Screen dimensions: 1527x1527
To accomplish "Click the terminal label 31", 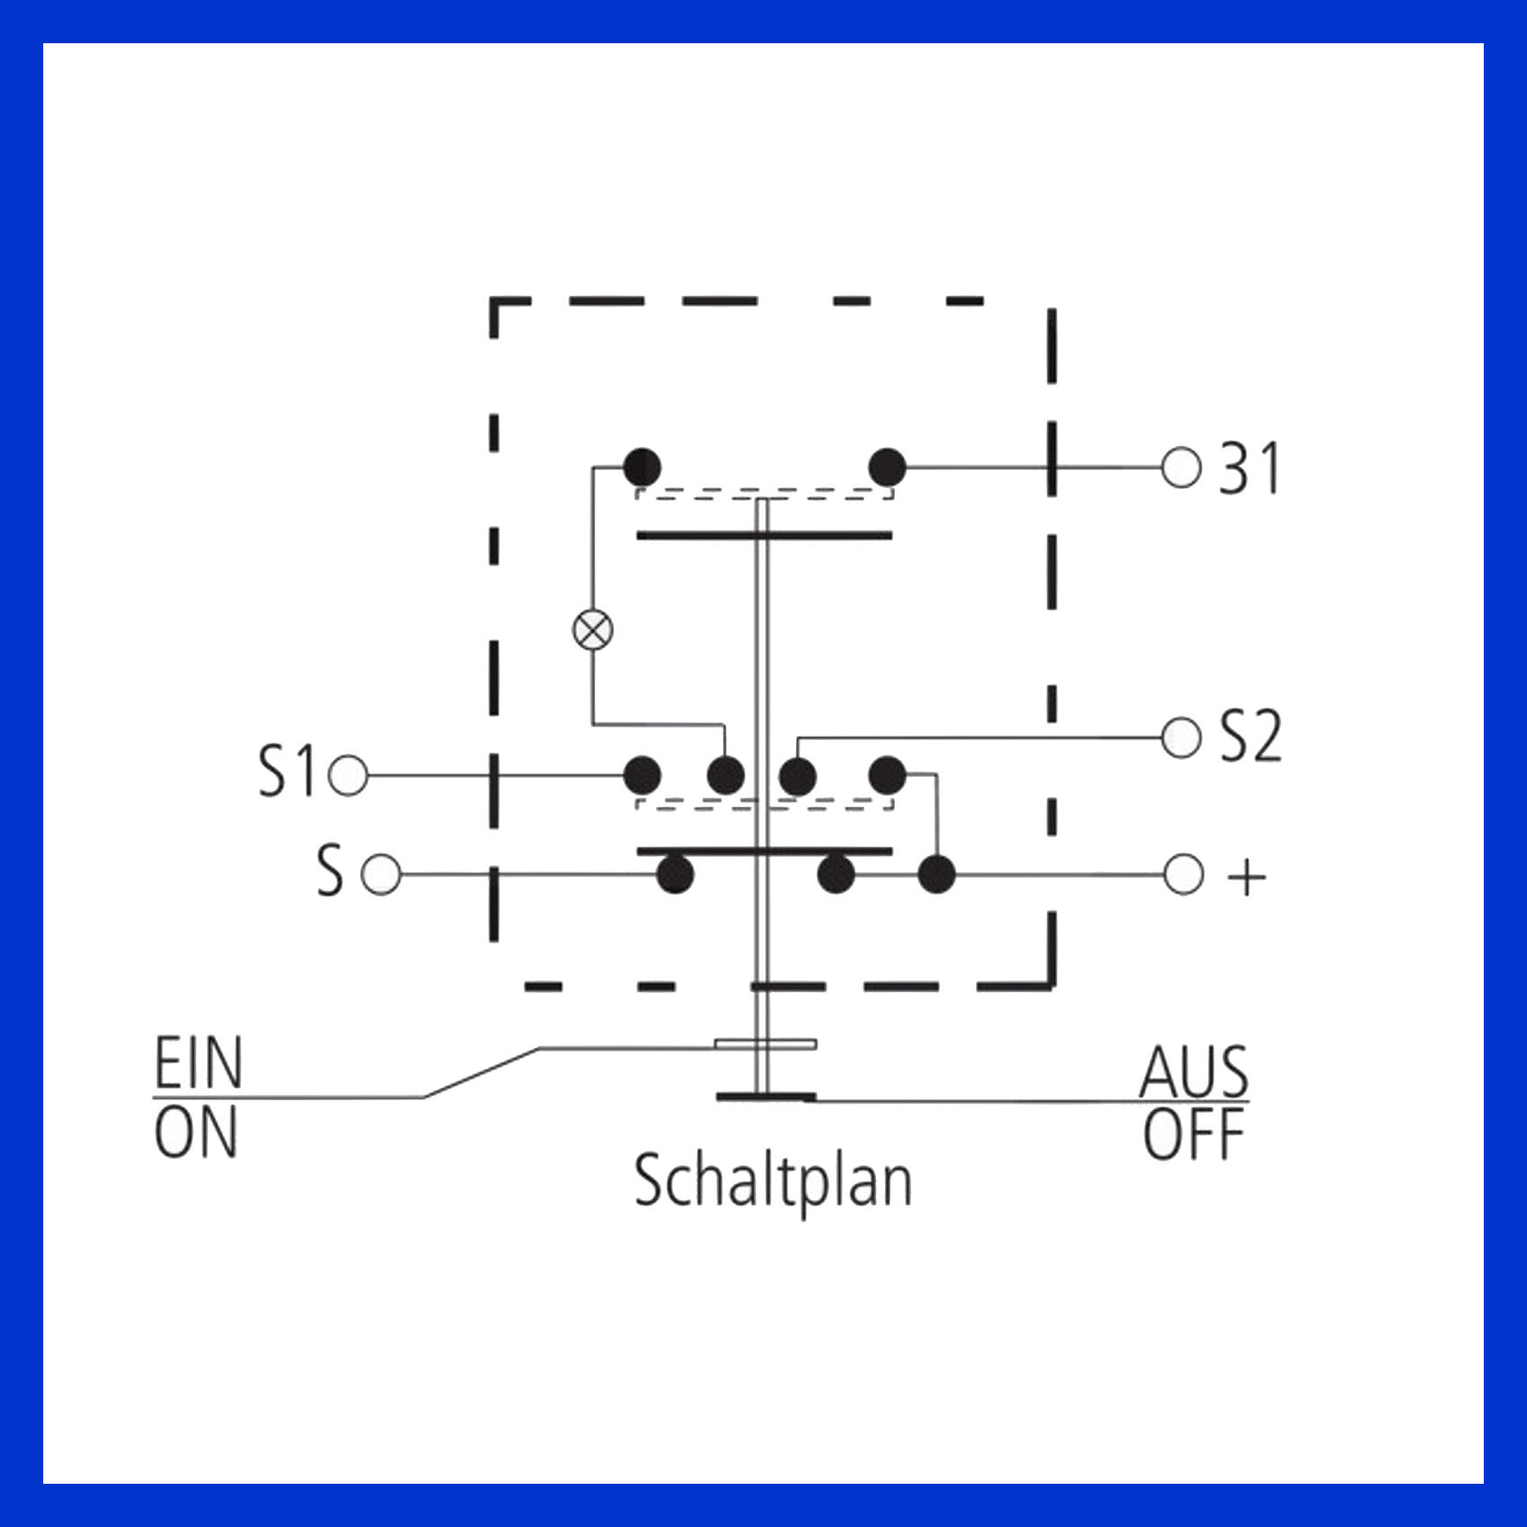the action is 1249,468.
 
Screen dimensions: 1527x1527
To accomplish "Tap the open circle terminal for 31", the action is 1181,468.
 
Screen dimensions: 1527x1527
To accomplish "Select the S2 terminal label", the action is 1251,736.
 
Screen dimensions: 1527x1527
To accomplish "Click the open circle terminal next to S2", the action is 1181,738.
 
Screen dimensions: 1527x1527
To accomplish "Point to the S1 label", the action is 287,772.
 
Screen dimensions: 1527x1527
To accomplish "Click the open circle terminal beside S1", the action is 348,775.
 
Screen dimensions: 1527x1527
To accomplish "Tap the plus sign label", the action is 1247,876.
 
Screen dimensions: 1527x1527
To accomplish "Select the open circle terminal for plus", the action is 1183,874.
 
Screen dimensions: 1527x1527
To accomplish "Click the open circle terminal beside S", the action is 381,874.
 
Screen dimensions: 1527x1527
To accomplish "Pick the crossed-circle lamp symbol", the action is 592,629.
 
